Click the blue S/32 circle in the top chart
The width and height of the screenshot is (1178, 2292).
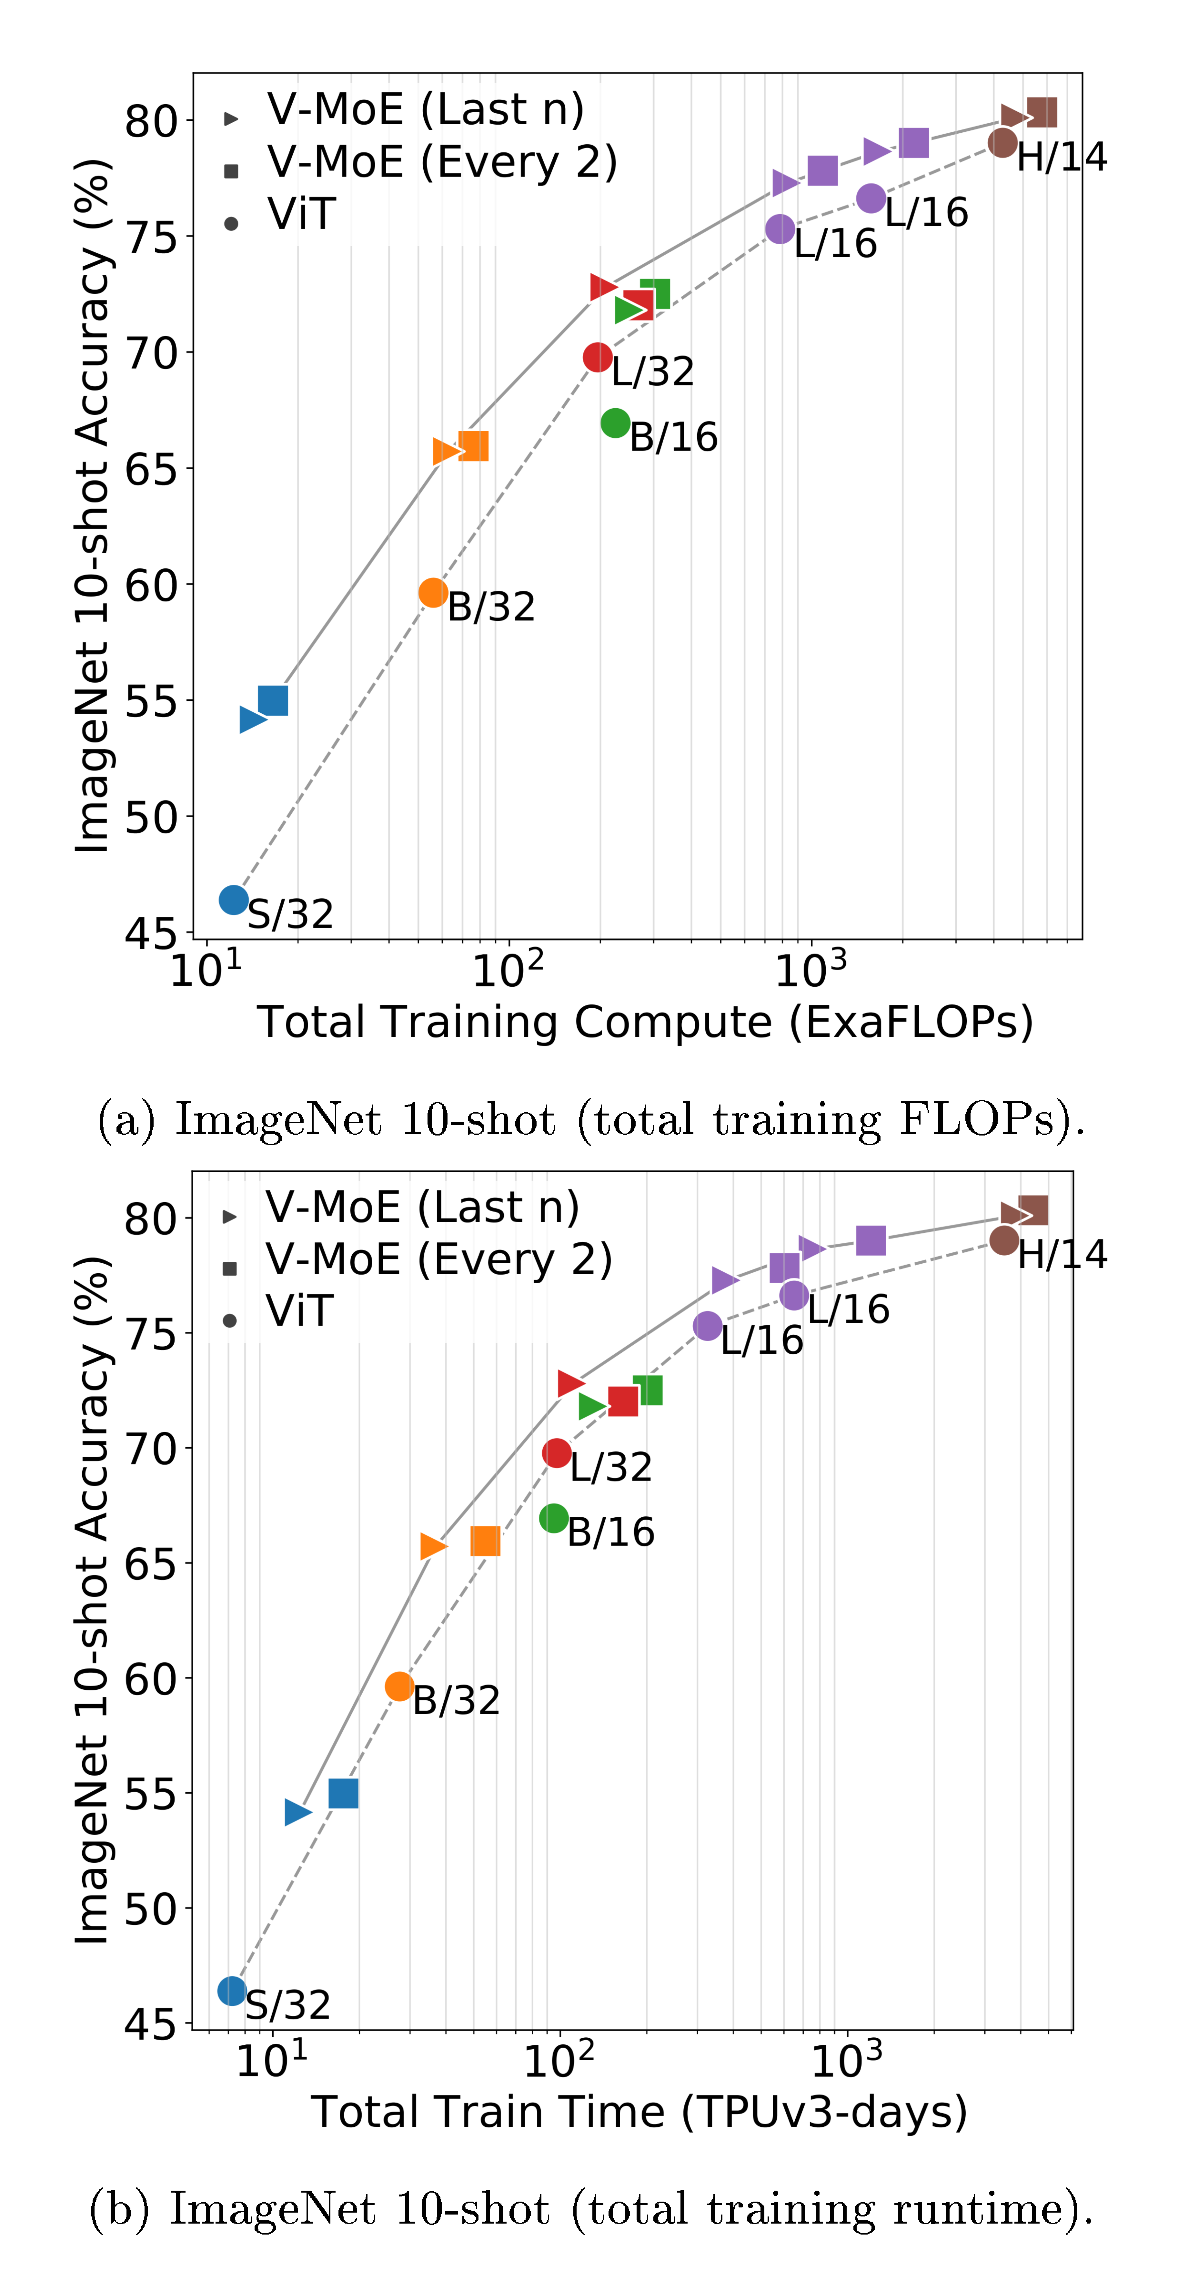233,900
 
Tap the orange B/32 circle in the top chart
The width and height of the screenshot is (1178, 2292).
432,593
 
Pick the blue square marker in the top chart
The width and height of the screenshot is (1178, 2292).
273,700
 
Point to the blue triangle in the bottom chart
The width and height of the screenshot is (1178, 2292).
297,1811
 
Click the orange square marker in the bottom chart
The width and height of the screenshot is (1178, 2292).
485,1541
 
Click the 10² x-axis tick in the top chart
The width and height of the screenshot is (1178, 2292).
507,970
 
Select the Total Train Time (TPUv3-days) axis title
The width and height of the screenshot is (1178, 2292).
639,2111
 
